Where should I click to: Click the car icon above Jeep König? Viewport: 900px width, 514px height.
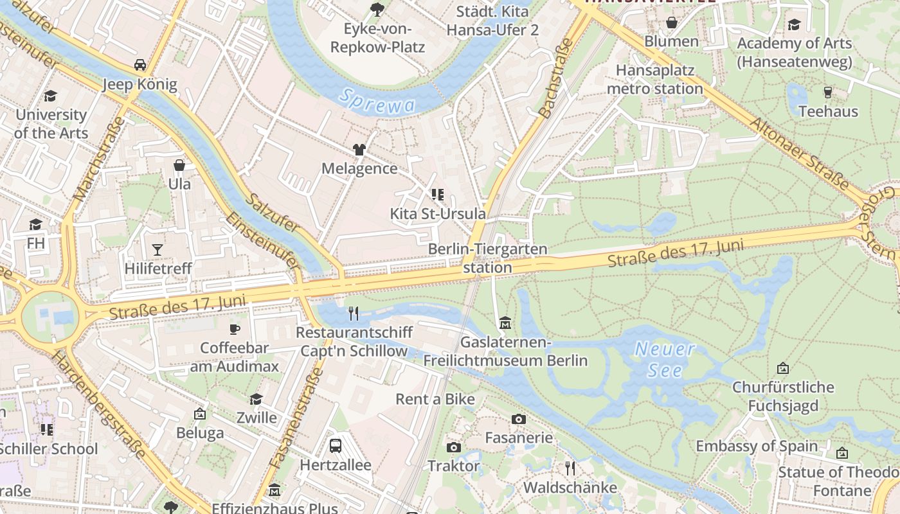click(x=139, y=65)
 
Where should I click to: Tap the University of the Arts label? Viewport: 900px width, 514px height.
click(x=51, y=124)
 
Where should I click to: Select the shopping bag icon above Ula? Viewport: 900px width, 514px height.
click(x=179, y=166)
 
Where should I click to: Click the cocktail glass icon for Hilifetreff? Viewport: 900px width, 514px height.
click(x=157, y=249)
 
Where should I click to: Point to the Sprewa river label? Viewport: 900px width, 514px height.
click(x=377, y=102)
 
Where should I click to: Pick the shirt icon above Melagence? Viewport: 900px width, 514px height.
click(x=359, y=150)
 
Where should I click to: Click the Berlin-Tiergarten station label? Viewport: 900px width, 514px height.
click(x=488, y=258)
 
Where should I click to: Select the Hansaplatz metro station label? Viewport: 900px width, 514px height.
click(x=655, y=79)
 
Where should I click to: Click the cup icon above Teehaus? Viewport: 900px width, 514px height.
click(x=828, y=93)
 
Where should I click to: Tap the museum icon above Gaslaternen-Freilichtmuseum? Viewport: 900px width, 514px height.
click(x=505, y=323)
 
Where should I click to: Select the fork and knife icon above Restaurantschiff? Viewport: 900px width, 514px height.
click(x=353, y=314)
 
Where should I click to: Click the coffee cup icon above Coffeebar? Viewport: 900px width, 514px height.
click(x=235, y=330)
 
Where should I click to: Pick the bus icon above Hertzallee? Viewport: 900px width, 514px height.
click(x=335, y=445)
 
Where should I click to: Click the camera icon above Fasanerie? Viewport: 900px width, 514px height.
click(x=519, y=420)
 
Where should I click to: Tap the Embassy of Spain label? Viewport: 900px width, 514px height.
click(x=757, y=446)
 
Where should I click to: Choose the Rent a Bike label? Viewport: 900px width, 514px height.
click(x=435, y=399)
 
